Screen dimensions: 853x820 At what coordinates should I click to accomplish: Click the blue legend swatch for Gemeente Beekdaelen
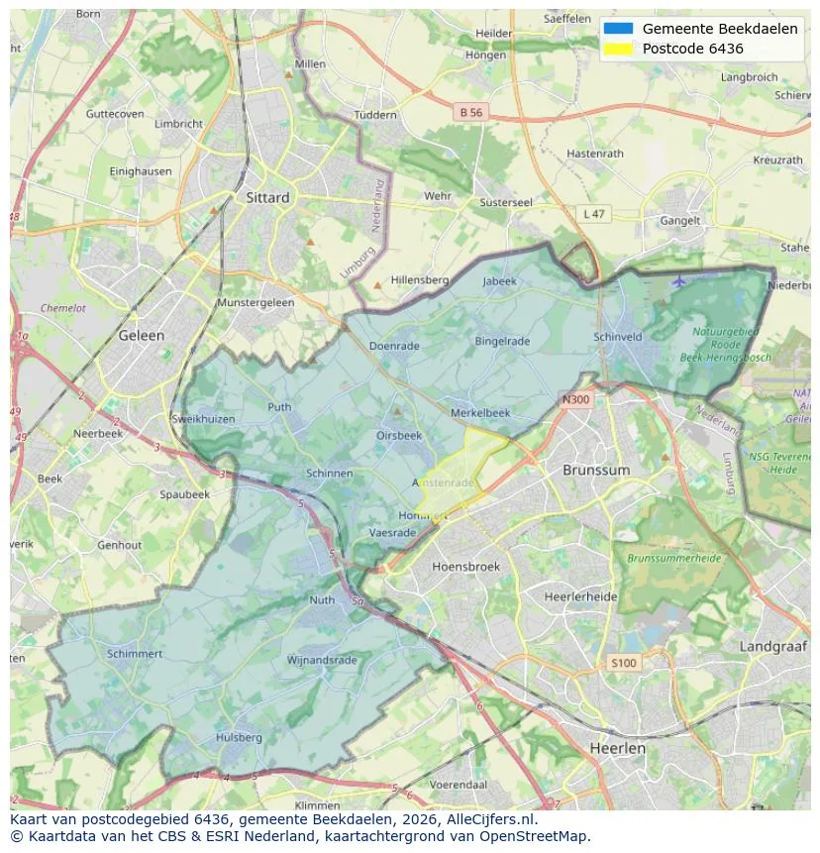pyautogui.click(x=618, y=29)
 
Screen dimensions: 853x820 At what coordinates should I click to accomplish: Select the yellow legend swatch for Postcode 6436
pyautogui.click(x=618, y=49)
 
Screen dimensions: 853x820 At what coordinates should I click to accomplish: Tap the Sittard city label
pyautogui.click(x=267, y=197)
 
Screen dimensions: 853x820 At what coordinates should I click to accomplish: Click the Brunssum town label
pyautogui.click(x=595, y=470)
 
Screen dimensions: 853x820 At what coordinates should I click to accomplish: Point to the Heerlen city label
pyautogui.click(x=616, y=748)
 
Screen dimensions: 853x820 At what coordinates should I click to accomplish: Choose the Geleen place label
pyautogui.click(x=142, y=335)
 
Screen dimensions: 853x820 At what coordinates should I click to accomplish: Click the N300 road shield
pyautogui.click(x=574, y=400)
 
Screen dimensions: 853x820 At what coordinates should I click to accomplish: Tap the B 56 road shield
pyautogui.click(x=470, y=113)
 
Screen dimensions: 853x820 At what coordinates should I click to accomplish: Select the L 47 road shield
pyautogui.click(x=593, y=214)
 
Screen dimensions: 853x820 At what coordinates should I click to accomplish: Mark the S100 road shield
pyautogui.click(x=624, y=663)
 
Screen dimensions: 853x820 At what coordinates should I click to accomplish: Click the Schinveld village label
pyautogui.click(x=618, y=337)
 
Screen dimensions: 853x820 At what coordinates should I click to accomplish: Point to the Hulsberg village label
pyautogui.click(x=239, y=737)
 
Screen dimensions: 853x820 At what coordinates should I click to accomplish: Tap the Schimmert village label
pyautogui.click(x=134, y=654)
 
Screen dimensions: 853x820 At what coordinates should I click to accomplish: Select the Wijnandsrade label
pyautogui.click(x=321, y=660)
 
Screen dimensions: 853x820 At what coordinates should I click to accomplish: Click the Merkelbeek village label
pyautogui.click(x=480, y=412)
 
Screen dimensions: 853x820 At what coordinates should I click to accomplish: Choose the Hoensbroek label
pyautogui.click(x=466, y=567)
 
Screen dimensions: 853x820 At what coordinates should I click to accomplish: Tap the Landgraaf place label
pyautogui.click(x=773, y=646)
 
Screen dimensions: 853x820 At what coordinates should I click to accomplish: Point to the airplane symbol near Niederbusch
pyautogui.click(x=678, y=280)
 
